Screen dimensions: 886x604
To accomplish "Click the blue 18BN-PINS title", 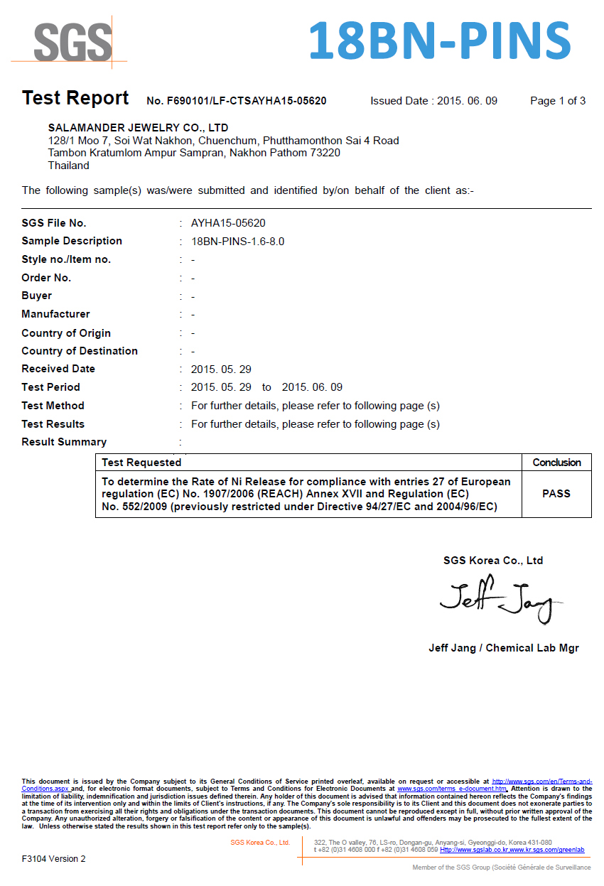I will click(440, 40).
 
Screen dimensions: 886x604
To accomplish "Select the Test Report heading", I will click(75, 98).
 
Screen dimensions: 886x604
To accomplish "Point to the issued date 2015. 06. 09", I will click(467, 101).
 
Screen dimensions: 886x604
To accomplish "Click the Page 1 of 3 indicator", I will click(558, 101).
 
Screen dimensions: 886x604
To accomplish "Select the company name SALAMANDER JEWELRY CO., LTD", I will click(138, 128).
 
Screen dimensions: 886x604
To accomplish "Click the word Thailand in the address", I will click(68, 166).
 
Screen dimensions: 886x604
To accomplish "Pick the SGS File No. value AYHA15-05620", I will click(228, 223).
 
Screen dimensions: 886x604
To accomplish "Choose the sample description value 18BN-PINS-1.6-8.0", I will click(238, 242).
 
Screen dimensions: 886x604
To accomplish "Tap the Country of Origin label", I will click(66, 333).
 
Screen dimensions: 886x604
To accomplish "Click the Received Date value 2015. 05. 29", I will click(221, 369).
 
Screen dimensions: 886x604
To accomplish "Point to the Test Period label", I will click(50, 387).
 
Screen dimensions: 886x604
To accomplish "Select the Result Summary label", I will click(64, 442).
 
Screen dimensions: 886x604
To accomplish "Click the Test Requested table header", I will click(141, 463).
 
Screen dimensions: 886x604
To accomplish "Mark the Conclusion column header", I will click(556, 463).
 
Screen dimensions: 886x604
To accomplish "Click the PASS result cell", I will click(556, 494).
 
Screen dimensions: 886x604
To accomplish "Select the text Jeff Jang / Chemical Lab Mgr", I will click(503, 648).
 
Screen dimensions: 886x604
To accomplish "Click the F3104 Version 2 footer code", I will click(53, 858).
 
